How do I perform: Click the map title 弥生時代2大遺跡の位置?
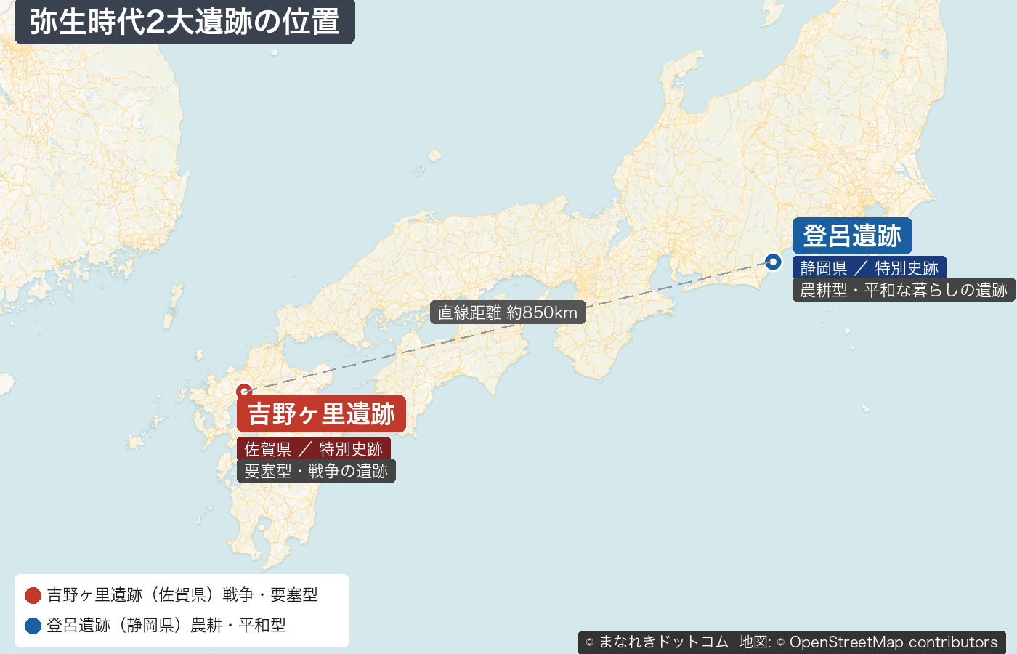click(185, 22)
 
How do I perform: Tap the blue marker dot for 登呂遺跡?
click(773, 262)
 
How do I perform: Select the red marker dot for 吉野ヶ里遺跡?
click(244, 392)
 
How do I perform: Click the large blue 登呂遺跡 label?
click(852, 236)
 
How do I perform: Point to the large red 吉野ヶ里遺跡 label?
click(321, 414)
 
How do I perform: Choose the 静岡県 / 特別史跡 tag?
click(869, 268)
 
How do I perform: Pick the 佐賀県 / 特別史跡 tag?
click(313, 449)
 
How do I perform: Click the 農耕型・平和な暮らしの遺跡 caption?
click(903, 290)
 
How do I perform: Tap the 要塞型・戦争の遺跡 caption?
click(316, 471)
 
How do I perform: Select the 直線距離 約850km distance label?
click(507, 312)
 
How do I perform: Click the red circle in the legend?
click(33, 595)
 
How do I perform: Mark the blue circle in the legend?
click(33, 626)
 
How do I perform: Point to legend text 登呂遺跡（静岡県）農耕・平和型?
click(166, 626)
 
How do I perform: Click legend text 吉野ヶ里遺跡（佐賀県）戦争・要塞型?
click(182, 595)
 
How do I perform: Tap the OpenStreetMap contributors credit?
click(893, 642)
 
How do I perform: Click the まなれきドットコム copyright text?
click(663, 642)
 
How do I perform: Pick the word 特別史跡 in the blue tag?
click(906, 268)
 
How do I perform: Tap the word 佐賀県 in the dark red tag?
click(267, 449)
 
